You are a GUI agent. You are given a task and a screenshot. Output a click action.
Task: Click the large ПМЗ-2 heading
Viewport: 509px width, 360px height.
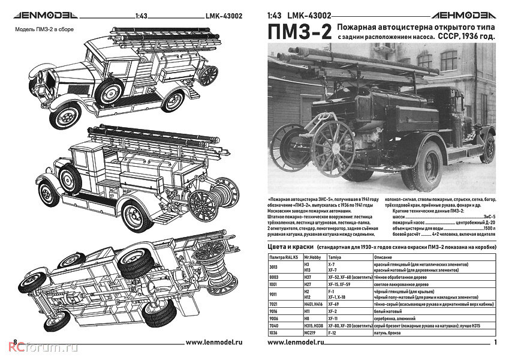coord(297,33)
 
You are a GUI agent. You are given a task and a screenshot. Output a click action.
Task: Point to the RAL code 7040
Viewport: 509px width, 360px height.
coord(276,325)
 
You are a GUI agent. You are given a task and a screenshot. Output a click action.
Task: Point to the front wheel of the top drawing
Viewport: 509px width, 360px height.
coord(65,115)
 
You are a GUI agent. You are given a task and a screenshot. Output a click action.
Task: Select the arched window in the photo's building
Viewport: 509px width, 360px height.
coord(449,60)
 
